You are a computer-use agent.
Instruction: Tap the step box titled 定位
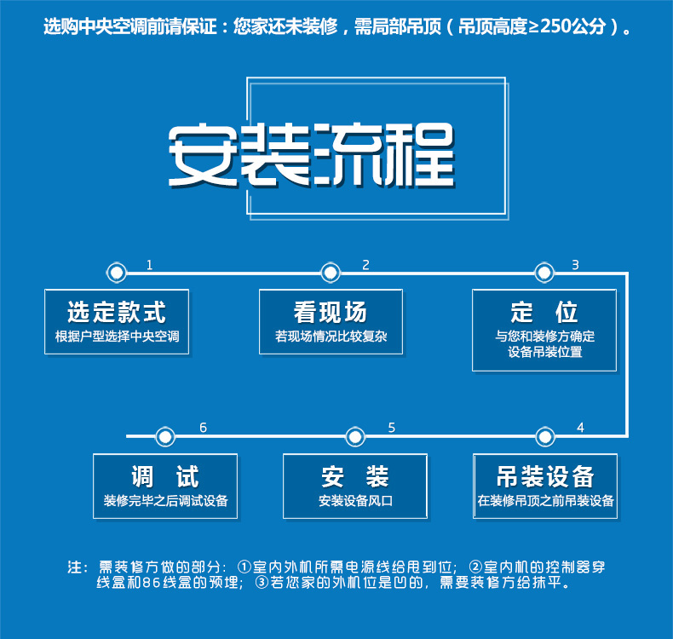(544, 329)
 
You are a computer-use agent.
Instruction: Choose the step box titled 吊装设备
(544, 486)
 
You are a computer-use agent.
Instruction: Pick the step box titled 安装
(355, 486)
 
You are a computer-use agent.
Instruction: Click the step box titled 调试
(165, 486)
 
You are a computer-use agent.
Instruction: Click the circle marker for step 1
(117, 273)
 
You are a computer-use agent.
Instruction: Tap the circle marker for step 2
(331, 273)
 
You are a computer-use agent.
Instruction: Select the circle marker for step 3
(544, 273)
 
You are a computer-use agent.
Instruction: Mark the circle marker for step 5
(355, 436)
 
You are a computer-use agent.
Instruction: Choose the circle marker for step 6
(165, 436)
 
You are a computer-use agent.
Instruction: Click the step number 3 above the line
(575, 265)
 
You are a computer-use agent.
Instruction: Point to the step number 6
(203, 428)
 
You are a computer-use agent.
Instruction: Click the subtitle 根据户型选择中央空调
(117, 337)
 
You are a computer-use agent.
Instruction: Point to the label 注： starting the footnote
(78, 567)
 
